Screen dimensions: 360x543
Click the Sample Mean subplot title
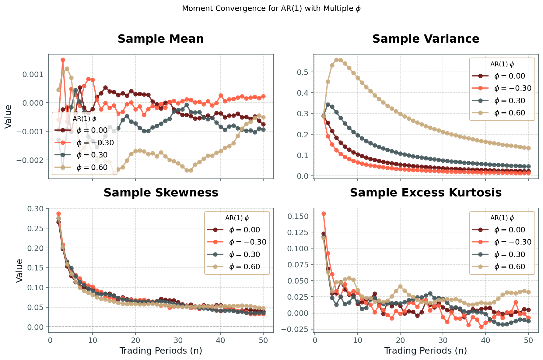point(161,39)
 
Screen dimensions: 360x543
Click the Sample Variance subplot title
point(426,39)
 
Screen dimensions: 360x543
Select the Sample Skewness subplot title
point(161,193)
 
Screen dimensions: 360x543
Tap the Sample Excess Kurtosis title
point(426,193)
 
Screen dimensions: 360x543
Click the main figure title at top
point(271,9)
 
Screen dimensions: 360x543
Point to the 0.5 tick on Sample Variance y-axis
point(306,72)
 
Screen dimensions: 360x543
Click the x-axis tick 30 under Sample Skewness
point(178,340)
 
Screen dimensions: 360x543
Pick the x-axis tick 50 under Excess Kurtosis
point(528,340)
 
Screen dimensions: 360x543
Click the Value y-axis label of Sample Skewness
point(19,270)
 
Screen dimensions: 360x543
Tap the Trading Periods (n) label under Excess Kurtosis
point(426,351)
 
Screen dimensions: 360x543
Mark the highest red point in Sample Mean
point(63,60)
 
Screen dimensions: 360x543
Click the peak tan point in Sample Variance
point(336,60)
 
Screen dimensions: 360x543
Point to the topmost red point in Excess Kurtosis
point(324,214)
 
